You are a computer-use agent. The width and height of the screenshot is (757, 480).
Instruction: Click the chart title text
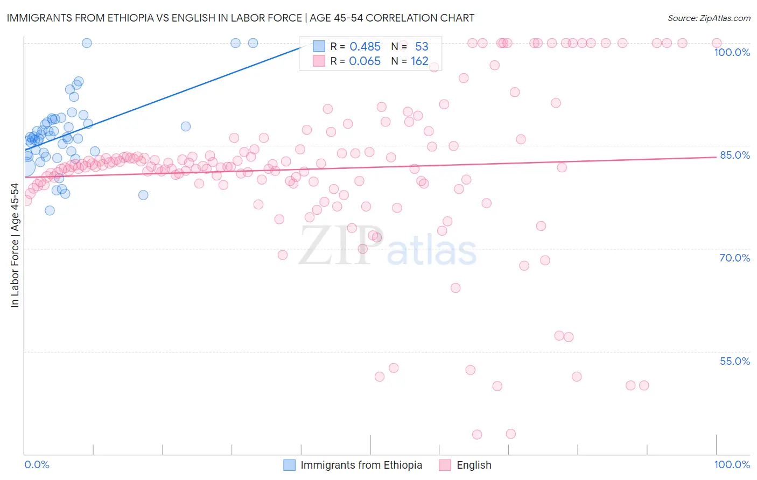coord(240,18)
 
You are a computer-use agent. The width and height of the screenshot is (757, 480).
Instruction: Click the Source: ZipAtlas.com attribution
coord(709,18)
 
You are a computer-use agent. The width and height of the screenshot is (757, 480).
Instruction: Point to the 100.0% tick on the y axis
coord(732,52)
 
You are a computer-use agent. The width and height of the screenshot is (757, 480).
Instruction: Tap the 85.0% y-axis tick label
coord(735,155)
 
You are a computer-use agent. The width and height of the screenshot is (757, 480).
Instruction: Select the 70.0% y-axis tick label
coord(735,258)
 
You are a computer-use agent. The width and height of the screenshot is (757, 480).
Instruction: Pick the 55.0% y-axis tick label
coord(735,361)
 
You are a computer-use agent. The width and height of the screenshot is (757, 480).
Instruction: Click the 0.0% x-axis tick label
coord(37,465)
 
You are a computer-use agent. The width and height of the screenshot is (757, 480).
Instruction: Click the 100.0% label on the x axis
coord(732,465)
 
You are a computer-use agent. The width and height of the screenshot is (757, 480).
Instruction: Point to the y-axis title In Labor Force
coord(15,245)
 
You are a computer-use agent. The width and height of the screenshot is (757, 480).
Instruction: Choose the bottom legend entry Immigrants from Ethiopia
coord(361,465)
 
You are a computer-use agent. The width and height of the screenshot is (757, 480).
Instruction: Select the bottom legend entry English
coord(474,465)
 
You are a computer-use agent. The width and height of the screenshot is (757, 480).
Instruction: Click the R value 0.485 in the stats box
coord(365,47)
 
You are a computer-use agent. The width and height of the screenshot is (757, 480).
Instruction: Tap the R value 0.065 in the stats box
coord(365,61)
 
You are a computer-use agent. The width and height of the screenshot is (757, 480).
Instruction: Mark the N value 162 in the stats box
coord(419,61)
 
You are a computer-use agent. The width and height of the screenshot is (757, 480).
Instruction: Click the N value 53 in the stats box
coord(422,47)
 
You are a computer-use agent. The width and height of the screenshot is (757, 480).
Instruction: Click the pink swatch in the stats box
coord(319,61)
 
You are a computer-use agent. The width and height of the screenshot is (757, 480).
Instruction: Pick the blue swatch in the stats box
coord(319,47)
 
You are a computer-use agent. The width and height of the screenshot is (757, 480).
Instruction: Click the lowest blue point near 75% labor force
coord(50,210)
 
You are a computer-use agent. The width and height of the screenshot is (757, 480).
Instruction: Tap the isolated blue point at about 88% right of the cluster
coord(186,126)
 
